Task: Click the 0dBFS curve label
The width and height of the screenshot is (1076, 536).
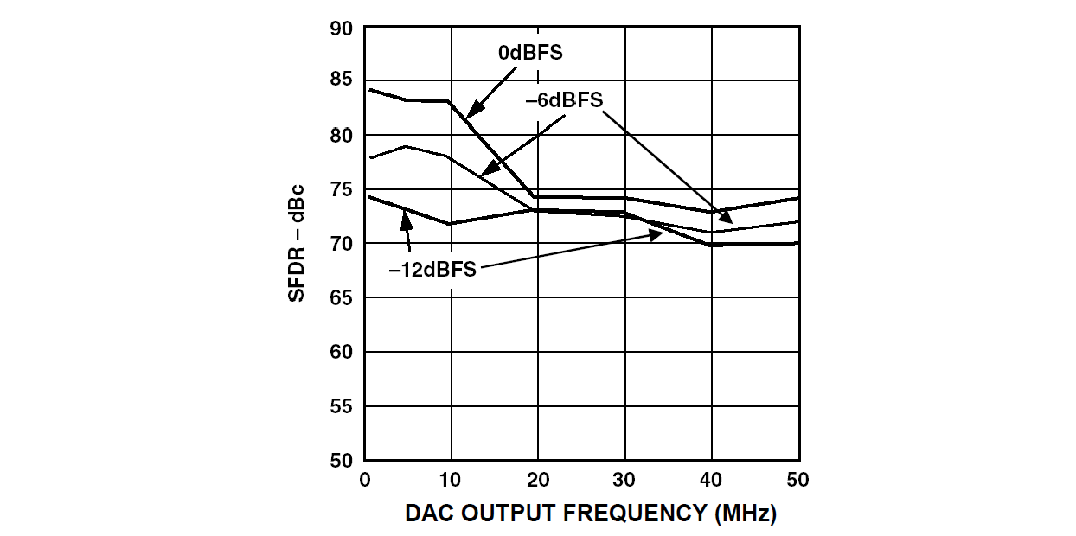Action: [x=530, y=53]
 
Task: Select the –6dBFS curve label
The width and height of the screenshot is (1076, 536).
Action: [x=564, y=100]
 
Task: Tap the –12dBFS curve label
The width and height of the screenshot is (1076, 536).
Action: [x=432, y=269]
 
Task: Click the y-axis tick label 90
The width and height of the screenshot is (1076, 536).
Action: [x=341, y=29]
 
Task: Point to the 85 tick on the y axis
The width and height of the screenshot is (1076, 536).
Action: [x=341, y=80]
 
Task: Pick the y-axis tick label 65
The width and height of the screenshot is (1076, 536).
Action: [x=341, y=298]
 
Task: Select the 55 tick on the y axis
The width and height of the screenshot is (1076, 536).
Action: [x=341, y=406]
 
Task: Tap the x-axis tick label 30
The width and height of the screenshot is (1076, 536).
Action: [x=624, y=481]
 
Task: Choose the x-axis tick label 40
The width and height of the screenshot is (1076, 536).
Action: [x=712, y=481]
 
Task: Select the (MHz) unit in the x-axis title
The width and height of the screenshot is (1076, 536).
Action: [x=746, y=514]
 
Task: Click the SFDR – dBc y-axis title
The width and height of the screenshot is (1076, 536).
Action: [x=297, y=243]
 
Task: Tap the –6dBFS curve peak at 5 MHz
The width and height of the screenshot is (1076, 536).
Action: [x=407, y=146]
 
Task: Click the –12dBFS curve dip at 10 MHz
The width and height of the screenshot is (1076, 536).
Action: [x=450, y=224]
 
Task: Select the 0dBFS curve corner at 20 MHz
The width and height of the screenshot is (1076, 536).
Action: [x=537, y=197]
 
